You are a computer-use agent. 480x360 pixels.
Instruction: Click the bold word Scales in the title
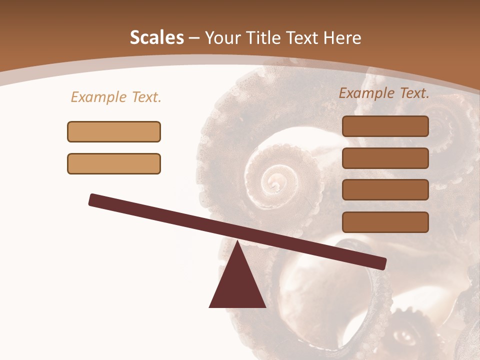(x=156, y=38)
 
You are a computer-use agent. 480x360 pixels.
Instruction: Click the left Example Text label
(x=116, y=97)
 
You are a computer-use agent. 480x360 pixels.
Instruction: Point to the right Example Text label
(x=384, y=93)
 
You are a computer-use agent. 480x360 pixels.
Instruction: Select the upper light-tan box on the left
(x=114, y=131)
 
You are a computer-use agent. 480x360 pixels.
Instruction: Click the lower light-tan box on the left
(x=114, y=163)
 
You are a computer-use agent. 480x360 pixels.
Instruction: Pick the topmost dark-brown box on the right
(x=385, y=126)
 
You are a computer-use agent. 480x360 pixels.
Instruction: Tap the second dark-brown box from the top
(x=385, y=158)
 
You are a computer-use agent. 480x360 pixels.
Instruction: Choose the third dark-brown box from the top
(x=385, y=189)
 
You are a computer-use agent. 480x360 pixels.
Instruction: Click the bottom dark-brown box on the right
(x=385, y=222)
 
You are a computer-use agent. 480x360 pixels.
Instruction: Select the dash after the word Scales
(x=194, y=38)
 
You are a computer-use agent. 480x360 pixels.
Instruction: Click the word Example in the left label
(x=99, y=97)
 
